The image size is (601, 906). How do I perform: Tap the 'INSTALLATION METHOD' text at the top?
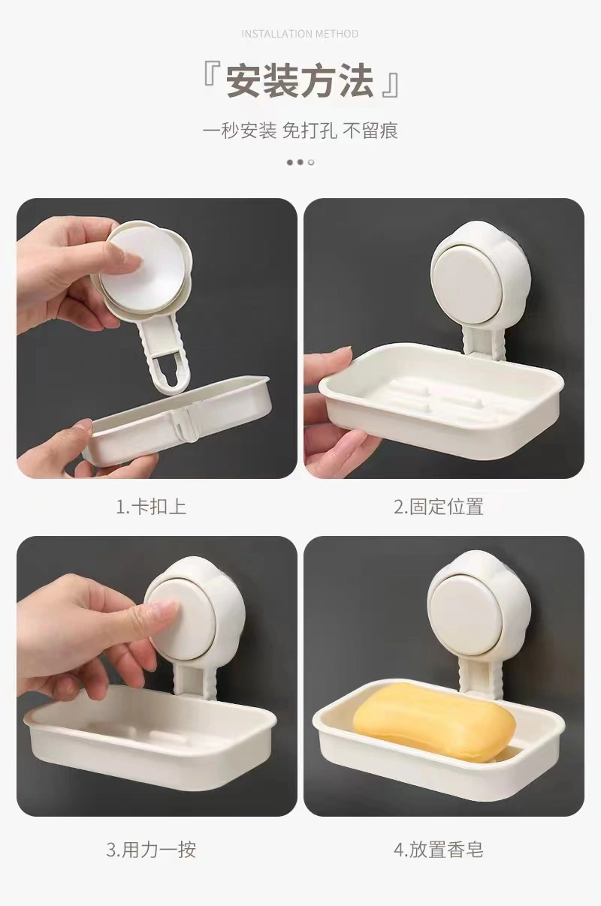300,34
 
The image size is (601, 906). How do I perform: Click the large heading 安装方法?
300,81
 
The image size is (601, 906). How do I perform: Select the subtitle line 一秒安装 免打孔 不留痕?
300,131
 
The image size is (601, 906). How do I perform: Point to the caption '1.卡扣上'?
151,507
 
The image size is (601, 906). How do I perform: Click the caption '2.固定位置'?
439,507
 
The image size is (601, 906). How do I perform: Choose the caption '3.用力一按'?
151,838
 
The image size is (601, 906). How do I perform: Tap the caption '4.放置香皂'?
439,838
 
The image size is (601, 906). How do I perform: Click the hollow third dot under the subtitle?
311,163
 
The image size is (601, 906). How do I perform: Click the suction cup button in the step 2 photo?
473,275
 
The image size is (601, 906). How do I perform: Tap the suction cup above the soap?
472,606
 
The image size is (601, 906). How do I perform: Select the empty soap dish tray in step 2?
441,404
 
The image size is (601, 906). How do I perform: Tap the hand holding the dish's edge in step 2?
332,405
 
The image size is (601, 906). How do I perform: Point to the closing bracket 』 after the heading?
391,86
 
